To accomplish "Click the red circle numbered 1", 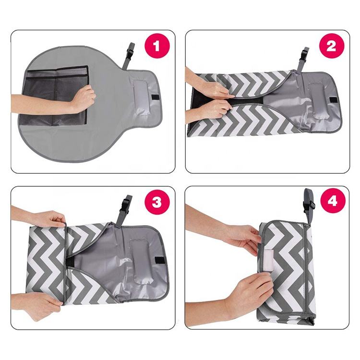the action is pos(157,46).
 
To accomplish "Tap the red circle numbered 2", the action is pos(331,46).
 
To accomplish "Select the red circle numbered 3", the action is pos(157,203).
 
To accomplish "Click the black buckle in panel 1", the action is pos(130,53).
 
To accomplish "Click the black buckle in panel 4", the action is pos(308,204).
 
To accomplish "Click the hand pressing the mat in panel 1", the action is pos(84,98).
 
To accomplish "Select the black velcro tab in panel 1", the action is pos(156,97).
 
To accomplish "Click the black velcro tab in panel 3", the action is pos(160,260).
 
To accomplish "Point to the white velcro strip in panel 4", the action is pos(268,261).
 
